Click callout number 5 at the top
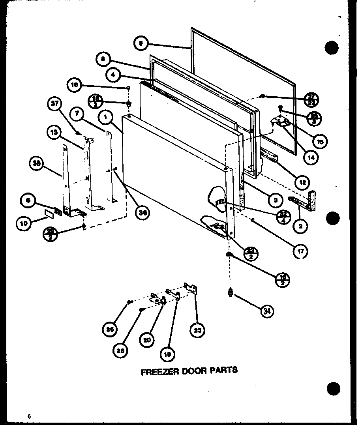tap(141, 43)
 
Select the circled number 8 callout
tap(103, 59)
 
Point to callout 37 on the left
tap(55, 104)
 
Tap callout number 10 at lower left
tap(24, 223)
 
